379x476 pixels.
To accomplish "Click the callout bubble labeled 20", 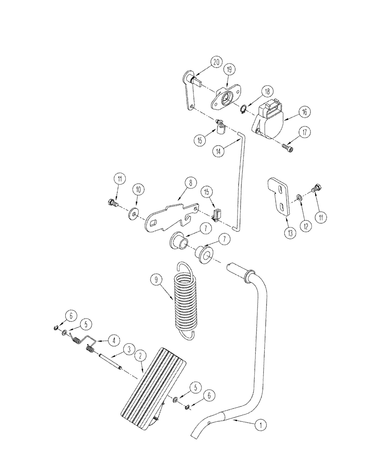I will point(217,62).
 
